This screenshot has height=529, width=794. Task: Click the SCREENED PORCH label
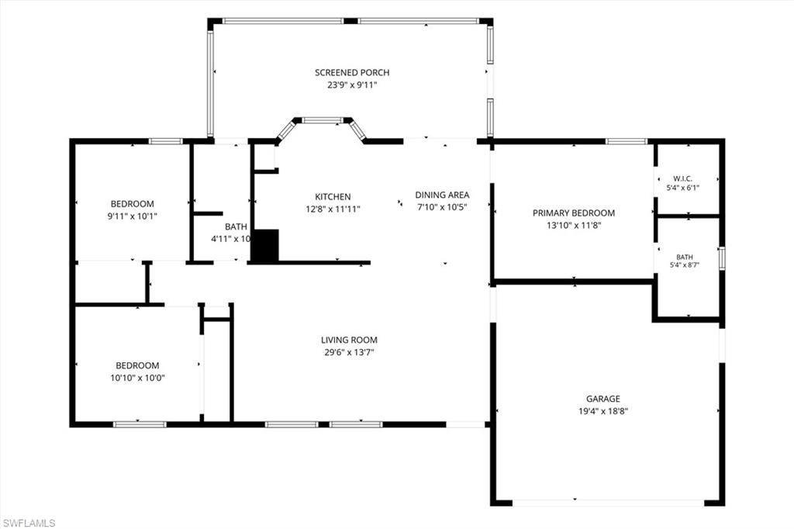pyautogui.click(x=352, y=72)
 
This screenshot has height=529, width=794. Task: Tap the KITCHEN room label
pyautogui.click(x=333, y=196)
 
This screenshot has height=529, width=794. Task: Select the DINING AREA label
pyautogui.click(x=442, y=195)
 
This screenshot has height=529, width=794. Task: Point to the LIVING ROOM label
pyautogui.click(x=349, y=340)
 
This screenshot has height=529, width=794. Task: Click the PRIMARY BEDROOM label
pyautogui.click(x=574, y=213)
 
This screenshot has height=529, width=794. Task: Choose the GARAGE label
pyautogui.click(x=603, y=399)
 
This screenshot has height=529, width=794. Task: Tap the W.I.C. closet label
pyautogui.click(x=682, y=178)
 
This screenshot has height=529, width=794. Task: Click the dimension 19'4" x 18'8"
pyautogui.click(x=603, y=411)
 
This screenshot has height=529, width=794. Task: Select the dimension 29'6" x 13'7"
pyautogui.click(x=349, y=352)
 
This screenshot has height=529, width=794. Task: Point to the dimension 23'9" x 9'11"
pyautogui.click(x=352, y=85)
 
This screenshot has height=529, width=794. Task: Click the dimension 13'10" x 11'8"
pyautogui.click(x=574, y=225)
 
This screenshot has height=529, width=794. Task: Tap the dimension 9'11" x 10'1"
pyautogui.click(x=132, y=216)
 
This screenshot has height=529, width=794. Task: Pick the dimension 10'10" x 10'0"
pyautogui.click(x=138, y=378)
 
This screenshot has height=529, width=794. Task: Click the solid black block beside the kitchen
pyautogui.click(x=265, y=246)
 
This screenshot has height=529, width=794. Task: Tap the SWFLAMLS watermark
pyautogui.click(x=29, y=523)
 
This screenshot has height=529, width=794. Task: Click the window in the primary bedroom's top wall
pyautogui.click(x=627, y=141)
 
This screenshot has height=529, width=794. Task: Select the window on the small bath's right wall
pyautogui.click(x=722, y=258)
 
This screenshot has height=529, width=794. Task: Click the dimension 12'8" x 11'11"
pyautogui.click(x=333, y=209)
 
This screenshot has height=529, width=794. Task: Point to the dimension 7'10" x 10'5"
pyautogui.click(x=442, y=207)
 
